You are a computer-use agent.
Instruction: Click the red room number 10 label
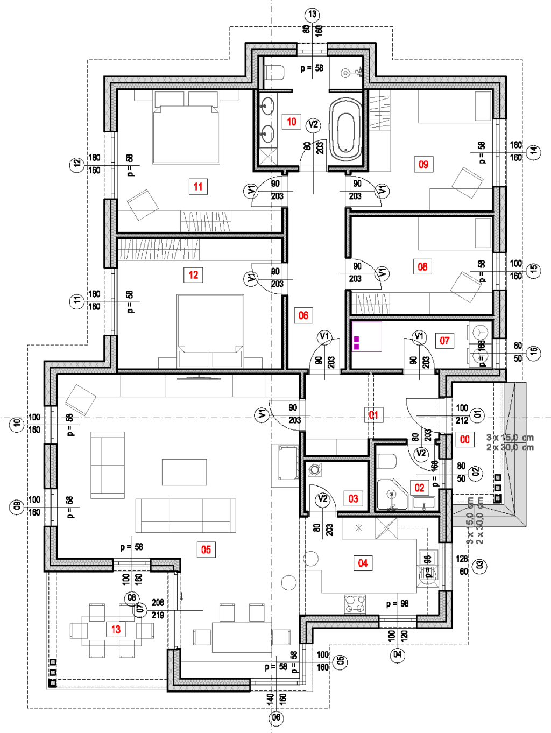pos(292,122)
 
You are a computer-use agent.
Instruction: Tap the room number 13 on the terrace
pos(116,629)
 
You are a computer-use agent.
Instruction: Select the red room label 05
pos(206,549)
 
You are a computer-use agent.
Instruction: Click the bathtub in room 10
pos(345,129)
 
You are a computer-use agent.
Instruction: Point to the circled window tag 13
pos(312,14)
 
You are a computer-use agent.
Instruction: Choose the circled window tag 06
pos(276,717)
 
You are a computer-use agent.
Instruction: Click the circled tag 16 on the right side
pos(533,352)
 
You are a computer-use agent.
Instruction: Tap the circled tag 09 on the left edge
pos(17,506)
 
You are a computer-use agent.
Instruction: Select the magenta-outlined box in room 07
pos(366,336)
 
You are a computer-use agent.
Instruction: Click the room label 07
pos(444,340)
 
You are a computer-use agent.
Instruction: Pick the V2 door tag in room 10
pos(313,125)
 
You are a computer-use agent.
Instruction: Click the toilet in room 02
pos(387,461)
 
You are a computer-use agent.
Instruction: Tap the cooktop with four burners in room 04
pos(355,603)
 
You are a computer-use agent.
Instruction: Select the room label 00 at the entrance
pos(465,439)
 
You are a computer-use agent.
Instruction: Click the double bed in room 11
pos(186,135)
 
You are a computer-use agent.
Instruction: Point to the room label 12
pos(193,275)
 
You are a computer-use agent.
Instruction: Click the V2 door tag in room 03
pos(322,499)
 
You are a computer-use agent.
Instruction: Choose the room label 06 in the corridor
pos(303,315)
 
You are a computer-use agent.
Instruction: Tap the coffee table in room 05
pos(185,472)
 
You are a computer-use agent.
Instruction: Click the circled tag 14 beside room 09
pos(534,151)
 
